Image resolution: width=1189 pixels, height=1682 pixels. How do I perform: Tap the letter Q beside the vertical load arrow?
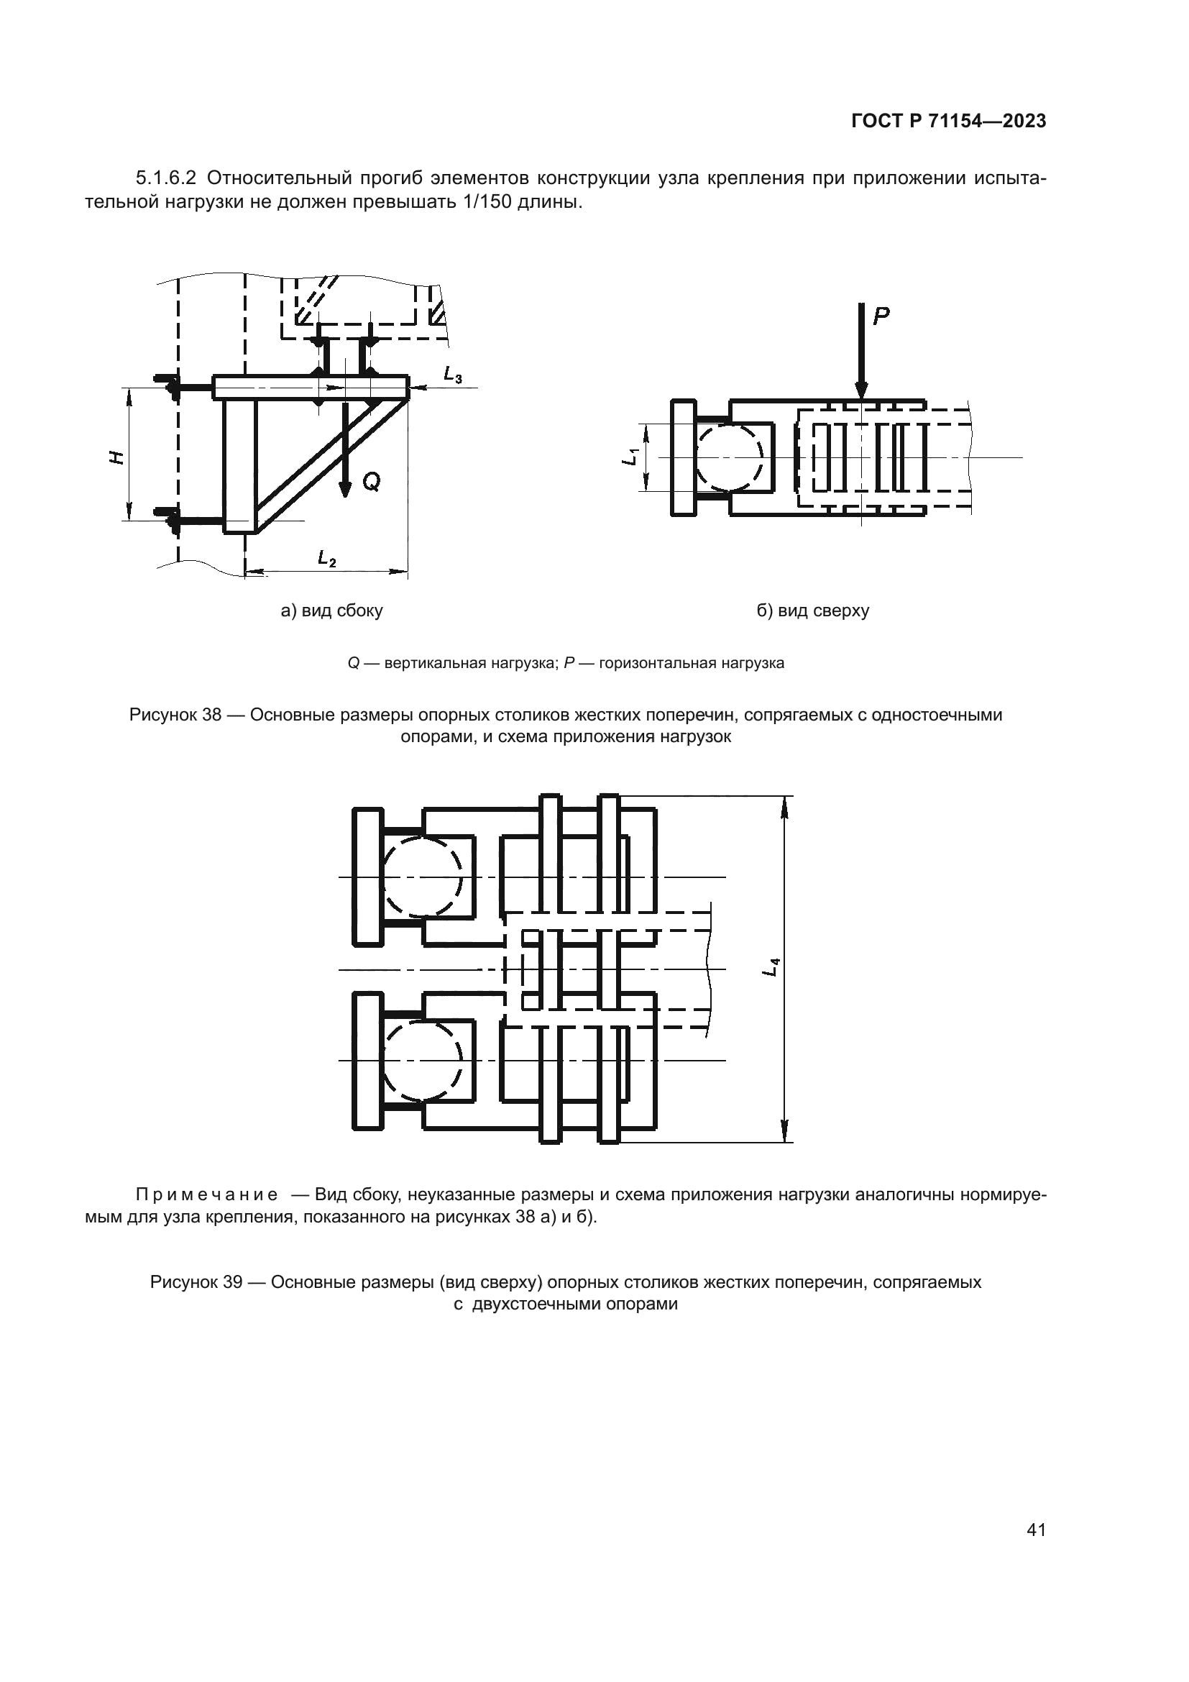(371, 481)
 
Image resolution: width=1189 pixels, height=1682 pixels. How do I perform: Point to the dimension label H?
(115, 457)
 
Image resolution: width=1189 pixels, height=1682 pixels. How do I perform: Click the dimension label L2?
(326, 558)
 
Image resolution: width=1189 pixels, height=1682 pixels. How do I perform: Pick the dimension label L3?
(452, 375)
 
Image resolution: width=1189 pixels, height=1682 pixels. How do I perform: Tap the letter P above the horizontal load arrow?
(881, 316)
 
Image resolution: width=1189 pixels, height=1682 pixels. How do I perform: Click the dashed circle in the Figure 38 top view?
(730, 457)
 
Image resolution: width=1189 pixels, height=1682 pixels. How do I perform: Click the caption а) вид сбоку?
(331, 611)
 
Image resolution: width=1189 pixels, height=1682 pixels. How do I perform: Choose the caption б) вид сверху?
(813, 611)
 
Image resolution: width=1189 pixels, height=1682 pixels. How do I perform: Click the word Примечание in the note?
(207, 1195)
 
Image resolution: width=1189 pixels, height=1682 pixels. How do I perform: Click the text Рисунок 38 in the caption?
(175, 714)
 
